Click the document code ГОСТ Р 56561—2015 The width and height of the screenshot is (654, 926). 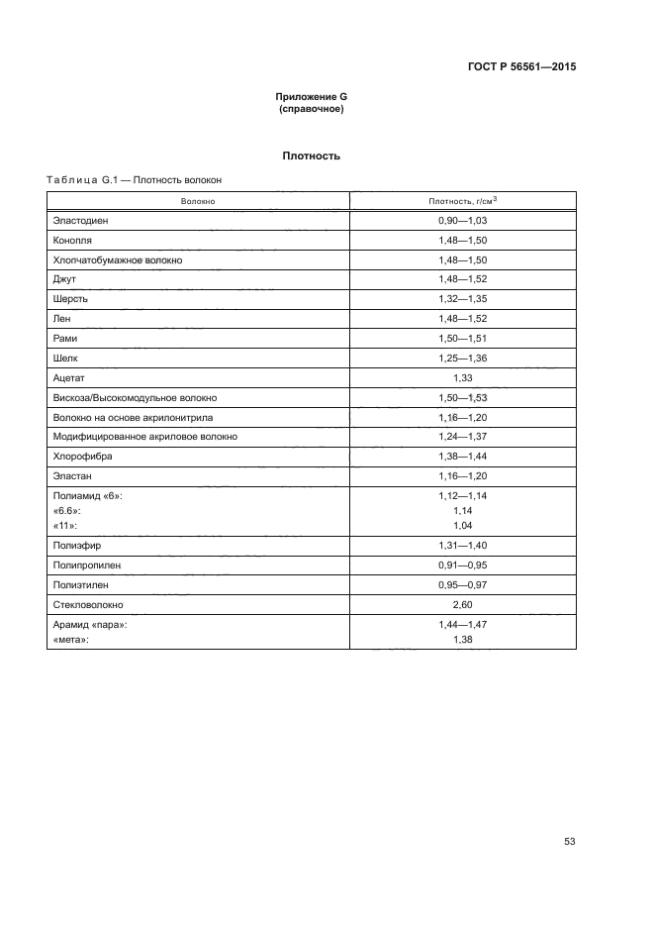point(521,67)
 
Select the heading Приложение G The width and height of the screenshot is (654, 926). point(312,97)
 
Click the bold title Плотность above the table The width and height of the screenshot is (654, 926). point(312,155)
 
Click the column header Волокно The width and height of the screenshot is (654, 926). point(198,201)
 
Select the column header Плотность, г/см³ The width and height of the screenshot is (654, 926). point(462,201)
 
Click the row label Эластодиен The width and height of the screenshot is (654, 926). point(80,221)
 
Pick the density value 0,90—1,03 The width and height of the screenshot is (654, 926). point(462,221)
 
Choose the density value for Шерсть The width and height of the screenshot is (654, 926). point(462,299)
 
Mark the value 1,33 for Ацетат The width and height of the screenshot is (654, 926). point(462,377)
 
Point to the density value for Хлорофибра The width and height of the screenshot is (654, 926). point(462,456)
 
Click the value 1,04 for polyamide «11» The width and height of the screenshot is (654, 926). point(462,524)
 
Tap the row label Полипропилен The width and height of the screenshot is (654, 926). point(89,565)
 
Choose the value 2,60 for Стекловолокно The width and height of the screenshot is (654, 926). point(462,603)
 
